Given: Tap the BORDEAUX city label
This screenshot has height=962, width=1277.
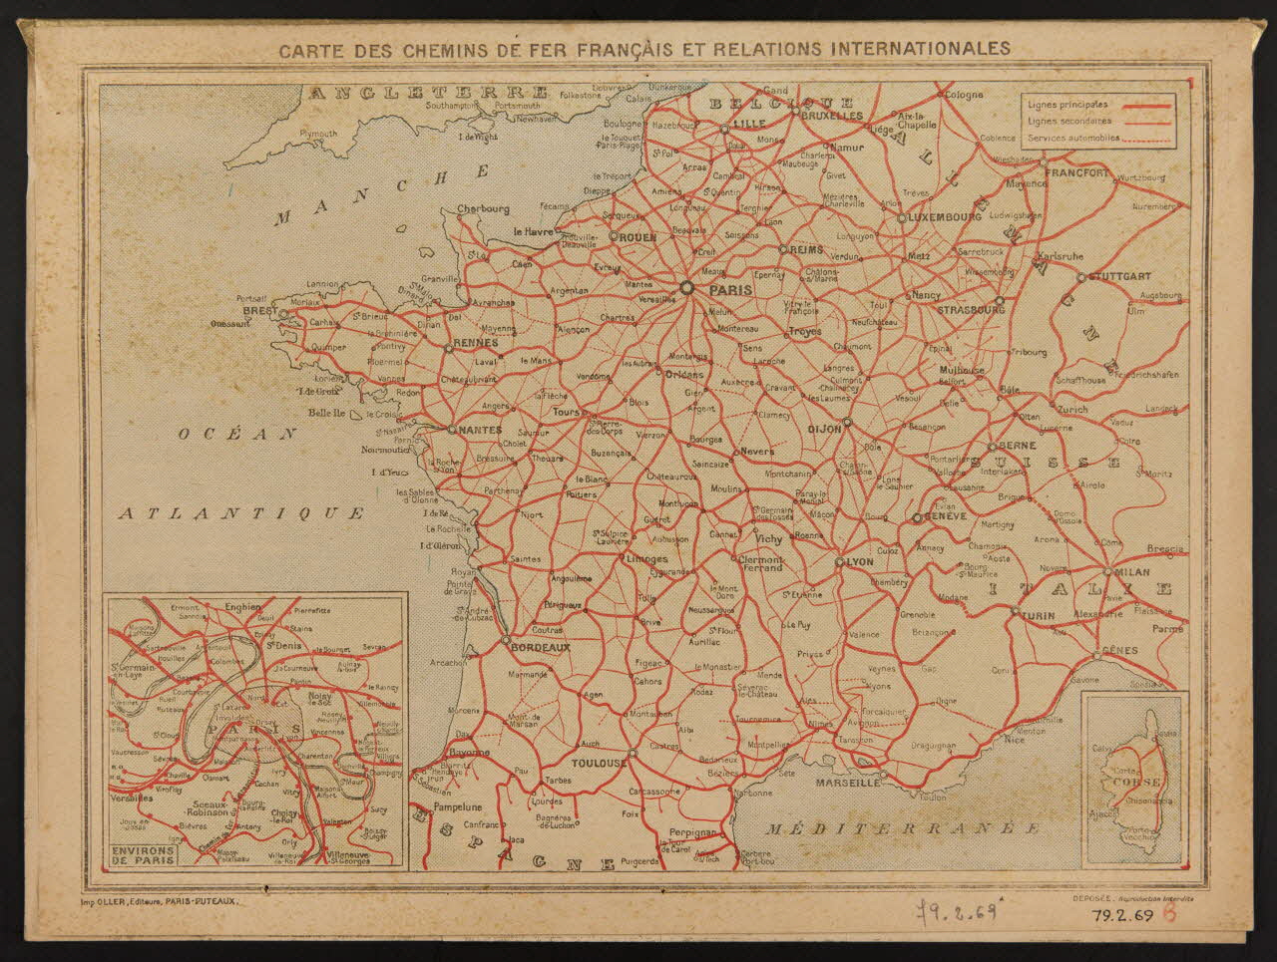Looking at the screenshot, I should click(x=540, y=647).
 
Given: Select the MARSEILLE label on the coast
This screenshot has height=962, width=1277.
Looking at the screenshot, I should click(x=846, y=783).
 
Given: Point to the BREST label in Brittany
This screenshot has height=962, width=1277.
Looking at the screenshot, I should click(x=261, y=312).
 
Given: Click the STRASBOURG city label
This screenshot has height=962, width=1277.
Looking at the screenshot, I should click(x=971, y=310).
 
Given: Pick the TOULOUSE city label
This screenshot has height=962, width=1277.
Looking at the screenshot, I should click(x=599, y=763).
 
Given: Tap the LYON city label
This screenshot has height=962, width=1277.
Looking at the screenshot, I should click(x=859, y=562).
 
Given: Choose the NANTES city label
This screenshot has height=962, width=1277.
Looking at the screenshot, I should click(x=481, y=430).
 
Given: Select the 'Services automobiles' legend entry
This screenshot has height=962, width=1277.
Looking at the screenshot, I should click(x=1072, y=139).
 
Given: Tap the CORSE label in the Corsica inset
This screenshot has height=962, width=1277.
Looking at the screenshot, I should click(x=1137, y=782).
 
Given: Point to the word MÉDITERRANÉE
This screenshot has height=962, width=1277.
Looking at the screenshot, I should click(x=903, y=828).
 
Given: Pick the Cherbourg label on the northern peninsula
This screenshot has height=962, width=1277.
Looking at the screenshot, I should click(x=483, y=209).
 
